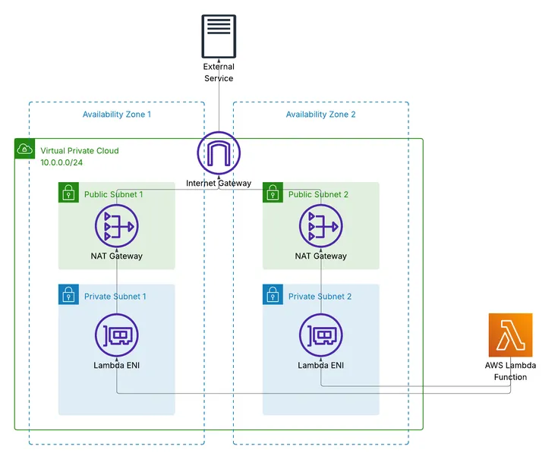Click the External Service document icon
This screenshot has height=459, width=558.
pos(219,36)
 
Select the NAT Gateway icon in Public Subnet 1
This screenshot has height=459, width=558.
pos(117,226)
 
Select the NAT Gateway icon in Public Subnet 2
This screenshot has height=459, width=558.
pos(320,226)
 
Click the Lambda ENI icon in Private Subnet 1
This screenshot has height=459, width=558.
pos(117,335)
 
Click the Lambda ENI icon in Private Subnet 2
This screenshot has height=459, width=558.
pos(320,335)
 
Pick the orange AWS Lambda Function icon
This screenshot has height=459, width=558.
pos(510,335)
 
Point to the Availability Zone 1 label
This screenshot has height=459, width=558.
pos(117,115)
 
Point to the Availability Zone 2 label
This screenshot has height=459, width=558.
pos(320,115)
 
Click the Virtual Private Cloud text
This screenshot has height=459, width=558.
pos(79,151)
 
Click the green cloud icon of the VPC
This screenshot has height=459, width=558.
pos(24,149)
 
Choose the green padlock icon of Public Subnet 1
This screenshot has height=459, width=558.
pos(68,193)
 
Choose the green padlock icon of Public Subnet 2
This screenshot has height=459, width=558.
pos(273,193)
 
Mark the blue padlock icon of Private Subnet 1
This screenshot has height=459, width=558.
pos(68,294)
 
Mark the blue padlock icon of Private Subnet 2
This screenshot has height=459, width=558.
pos(273,294)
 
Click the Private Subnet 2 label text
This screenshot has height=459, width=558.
pos(320,297)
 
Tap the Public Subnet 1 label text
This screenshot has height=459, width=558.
pos(113,195)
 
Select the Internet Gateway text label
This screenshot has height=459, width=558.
pos(219,184)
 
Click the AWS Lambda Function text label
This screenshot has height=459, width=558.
pos(510,370)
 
